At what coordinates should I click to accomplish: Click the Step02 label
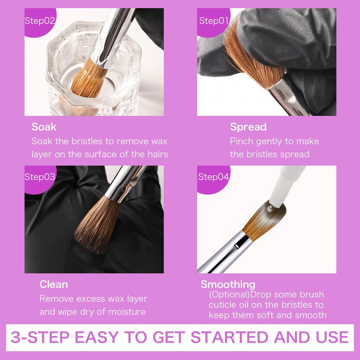[40, 21]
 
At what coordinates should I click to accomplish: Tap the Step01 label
[214, 21]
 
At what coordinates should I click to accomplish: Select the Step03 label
[40, 177]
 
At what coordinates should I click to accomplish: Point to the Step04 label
[213, 177]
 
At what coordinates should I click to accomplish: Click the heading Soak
[44, 127]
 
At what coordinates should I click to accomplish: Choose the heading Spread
[248, 127]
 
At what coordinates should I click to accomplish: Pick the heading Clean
[54, 284]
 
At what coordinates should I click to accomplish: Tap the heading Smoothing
[228, 284]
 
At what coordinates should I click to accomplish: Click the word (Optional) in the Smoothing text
[229, 295]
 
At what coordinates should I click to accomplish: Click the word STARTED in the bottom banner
[230, 337]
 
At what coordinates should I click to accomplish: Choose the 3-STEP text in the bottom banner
[40, 337]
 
